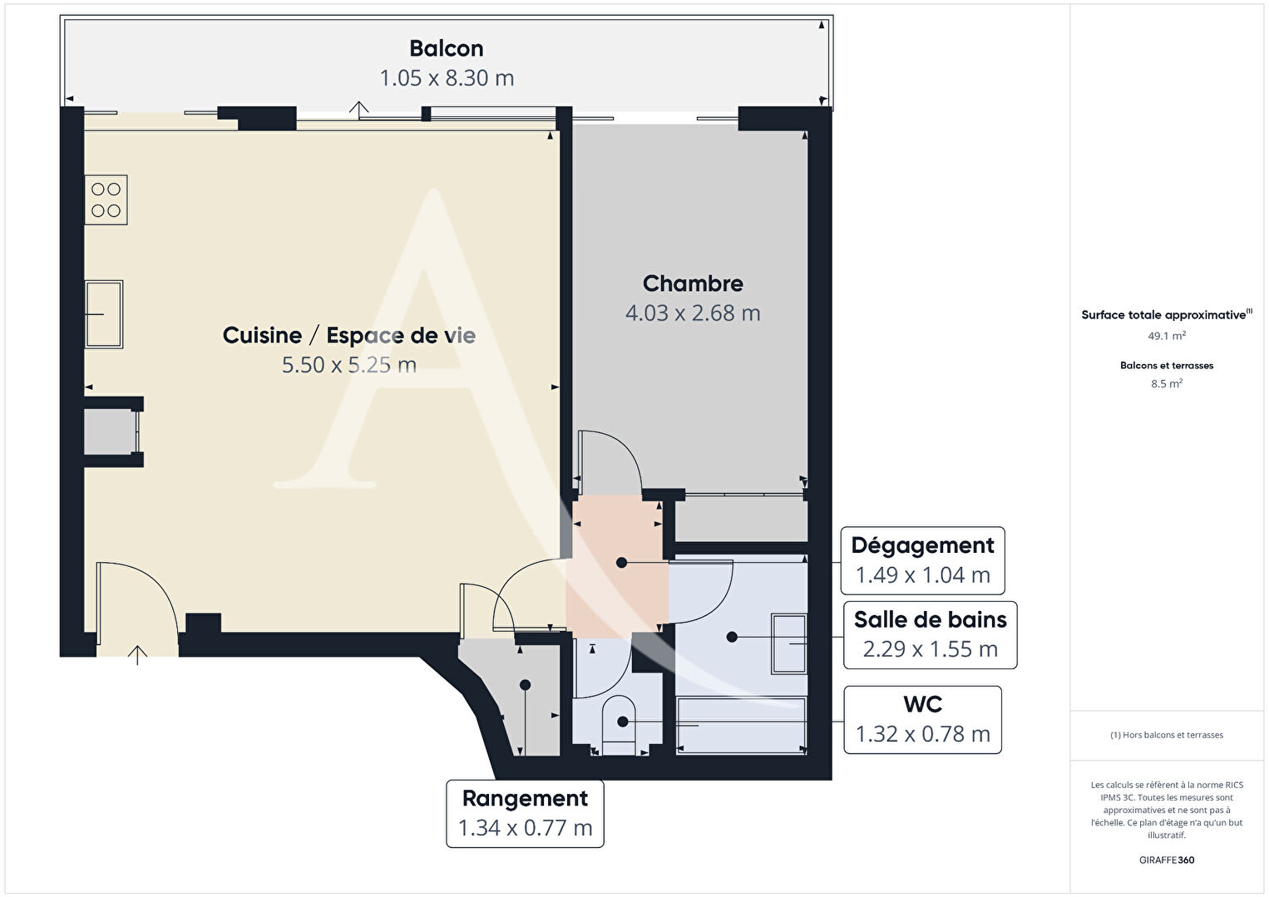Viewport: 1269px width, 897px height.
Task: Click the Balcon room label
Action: tap(447, 49)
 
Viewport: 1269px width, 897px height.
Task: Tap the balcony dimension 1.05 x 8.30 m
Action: tap(447, 78)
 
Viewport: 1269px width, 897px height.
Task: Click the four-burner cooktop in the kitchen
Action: tap(106, 200)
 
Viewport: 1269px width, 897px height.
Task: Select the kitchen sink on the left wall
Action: tap(104, 314)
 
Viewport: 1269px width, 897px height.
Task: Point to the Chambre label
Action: tap(693, 283)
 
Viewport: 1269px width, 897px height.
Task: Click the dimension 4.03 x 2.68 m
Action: tap(693, 313)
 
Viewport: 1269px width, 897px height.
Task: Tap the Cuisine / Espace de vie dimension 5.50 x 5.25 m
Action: tap(349, 365)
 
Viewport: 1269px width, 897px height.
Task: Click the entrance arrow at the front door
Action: tap(137, 654)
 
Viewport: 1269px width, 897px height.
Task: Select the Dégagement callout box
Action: tap(922, 560)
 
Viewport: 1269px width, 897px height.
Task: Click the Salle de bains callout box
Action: tap(931, 635)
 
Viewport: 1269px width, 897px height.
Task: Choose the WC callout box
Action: tap(922, 720)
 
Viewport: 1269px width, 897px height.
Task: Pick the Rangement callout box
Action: tap(525, 814)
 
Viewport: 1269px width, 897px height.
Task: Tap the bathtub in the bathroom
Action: tap(741, 726)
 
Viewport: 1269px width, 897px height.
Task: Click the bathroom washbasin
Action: tap(789, 644)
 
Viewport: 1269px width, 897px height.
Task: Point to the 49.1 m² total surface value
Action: tap(1167, 336)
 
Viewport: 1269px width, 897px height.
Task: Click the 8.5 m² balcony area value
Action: tap(1167, 383)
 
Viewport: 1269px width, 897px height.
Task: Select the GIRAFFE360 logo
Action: tap(1167, 860)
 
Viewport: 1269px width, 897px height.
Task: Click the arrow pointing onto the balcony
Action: tap(358, 110)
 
